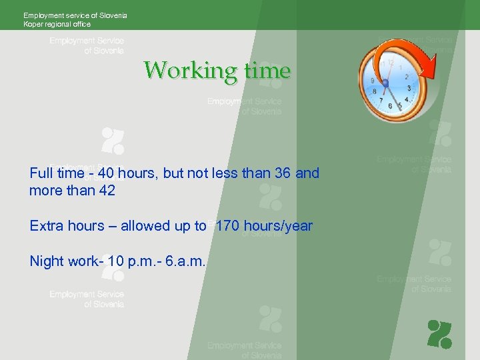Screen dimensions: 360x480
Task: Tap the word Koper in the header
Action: (x=33, y=25)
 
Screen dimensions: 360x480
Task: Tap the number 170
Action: (x=229, y=226)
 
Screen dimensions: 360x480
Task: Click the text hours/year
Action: (x=279, y=226)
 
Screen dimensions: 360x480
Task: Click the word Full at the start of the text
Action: (x=41, y=173)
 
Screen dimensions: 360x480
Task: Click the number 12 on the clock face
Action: (x=390, y=63)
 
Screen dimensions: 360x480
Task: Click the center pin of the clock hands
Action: (x=385, y=82)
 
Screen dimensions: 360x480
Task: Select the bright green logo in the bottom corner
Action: (x=439, y=334)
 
